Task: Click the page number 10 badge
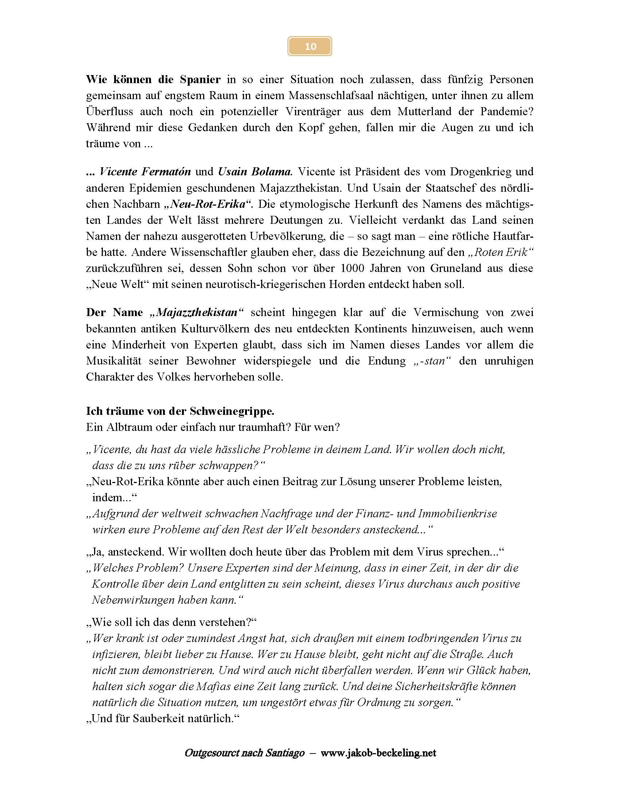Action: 310,46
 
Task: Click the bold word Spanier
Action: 200,79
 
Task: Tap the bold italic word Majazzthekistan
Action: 197,312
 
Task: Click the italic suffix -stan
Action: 431,361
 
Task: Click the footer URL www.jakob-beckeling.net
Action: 378,753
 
